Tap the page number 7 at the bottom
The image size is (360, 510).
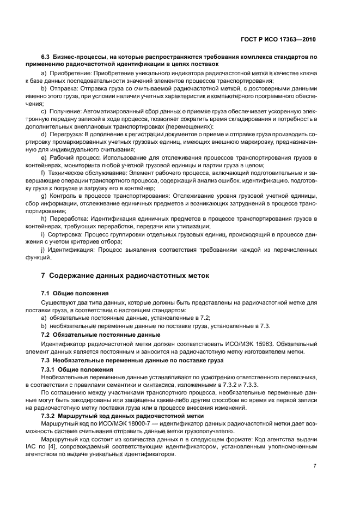point(315,466)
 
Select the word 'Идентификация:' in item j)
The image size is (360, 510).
point(71,250)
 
